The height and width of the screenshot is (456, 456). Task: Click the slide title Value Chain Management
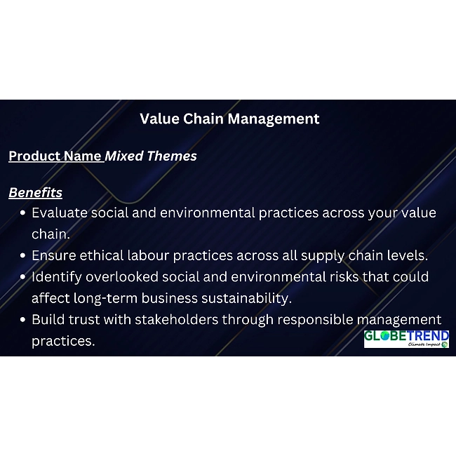[229, 119]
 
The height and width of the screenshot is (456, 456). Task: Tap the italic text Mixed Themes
[151, 156]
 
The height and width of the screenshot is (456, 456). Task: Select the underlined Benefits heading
[36, 192]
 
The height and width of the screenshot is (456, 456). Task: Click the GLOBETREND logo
[406, 339]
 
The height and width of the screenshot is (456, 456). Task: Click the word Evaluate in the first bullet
[60, 213]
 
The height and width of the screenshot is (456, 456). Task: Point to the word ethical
[102, 255]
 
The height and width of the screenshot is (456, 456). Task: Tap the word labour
[148, 255]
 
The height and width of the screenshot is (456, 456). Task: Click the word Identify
[57, 277]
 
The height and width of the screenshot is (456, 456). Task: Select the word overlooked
[122, 276]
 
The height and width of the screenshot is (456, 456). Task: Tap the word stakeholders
[177, 319]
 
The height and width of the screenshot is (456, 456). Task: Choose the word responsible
[315, 320]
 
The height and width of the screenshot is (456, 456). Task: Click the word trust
[84, 319]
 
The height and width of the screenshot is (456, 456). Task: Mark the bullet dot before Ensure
[23, 256]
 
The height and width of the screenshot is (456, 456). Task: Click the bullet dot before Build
[23, 320]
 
